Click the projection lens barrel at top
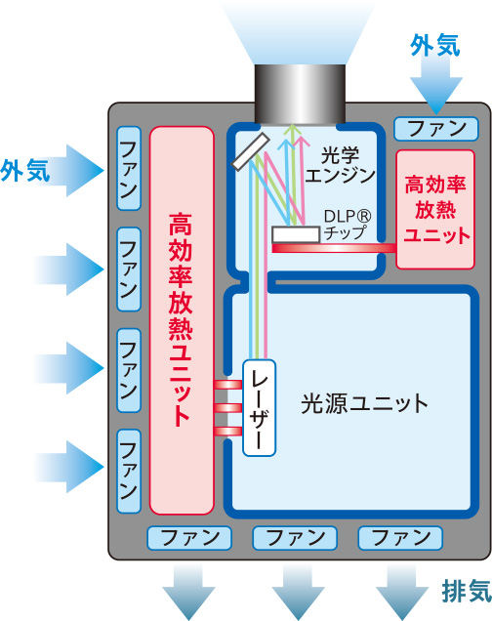pyautogui.click(x=300, y=94)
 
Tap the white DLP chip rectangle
pyautogui.click(x=296, y=234)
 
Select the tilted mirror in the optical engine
pyautogui.click(x=251, y=152)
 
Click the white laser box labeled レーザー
pyautogui.click(x=260, y=408)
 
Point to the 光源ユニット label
pyautogui.click(x=364, y=404)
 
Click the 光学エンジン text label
pyautogui.click(x=340, y=166)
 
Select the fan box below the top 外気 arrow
pyautogui.click(x=435, y=129)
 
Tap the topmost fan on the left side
pyautogui.click(x=129, y=168)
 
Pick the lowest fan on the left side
pyautogui.click(x=129, y=472)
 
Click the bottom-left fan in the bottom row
pyautogui.click(x=189, y=538)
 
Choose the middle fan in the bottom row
pyautogui.click(x=295, y=538)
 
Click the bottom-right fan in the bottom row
pyautogui.click(x=400, y=538)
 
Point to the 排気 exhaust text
pyautogui.click(x=467, y=592)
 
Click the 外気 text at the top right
pyautogui.click(x=435, y=45)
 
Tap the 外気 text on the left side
pyautogui.click(x=25, y=171)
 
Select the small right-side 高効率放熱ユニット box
pyautogui.click(x=435, y=210)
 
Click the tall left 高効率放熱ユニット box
pyautogui.click(x=182, y=320)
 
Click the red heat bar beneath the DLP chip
pyautogui.click(x=334, y=248)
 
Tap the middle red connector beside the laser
pyautogui.click(x=227, y=408)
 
